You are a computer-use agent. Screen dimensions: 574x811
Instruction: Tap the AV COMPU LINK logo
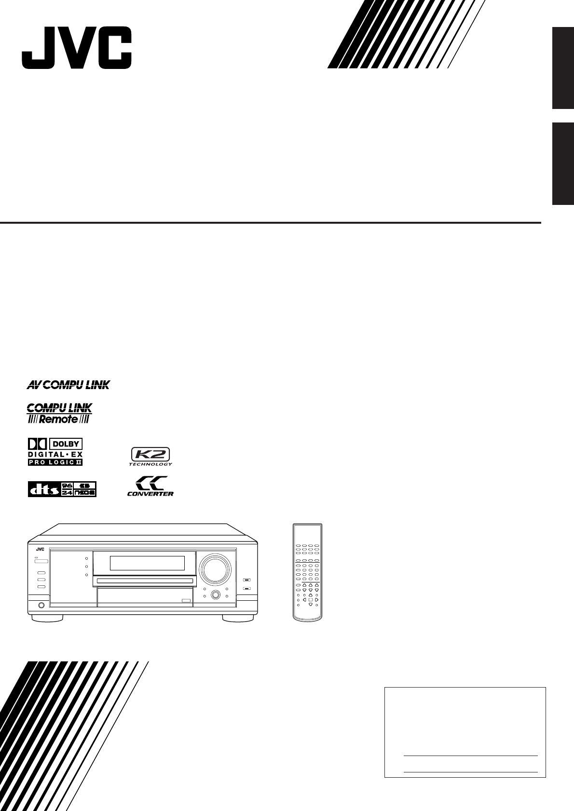click(68, 384)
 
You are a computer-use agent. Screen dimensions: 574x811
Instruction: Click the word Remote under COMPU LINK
click(59, 419)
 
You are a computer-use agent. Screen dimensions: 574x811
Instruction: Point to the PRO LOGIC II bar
click(55, 462)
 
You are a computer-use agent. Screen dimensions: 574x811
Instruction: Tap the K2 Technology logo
click(150, 456)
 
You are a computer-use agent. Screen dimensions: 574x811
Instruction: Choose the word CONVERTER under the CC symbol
click(150, 493)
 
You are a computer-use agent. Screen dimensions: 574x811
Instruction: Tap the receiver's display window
click(147, 563)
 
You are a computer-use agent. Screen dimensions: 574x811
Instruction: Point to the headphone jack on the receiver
click(41, 605)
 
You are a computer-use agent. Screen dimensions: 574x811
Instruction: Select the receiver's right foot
click(238, 618)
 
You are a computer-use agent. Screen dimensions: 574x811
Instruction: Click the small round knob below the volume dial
click(215, 595)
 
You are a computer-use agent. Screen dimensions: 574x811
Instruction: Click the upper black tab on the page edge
click(562, 68)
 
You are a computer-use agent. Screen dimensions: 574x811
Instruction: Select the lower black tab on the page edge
click(562, 164)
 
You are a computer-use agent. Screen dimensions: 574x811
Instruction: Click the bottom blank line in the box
click(470, 772)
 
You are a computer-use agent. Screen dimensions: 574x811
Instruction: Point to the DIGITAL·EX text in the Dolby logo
click(55, 454)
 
